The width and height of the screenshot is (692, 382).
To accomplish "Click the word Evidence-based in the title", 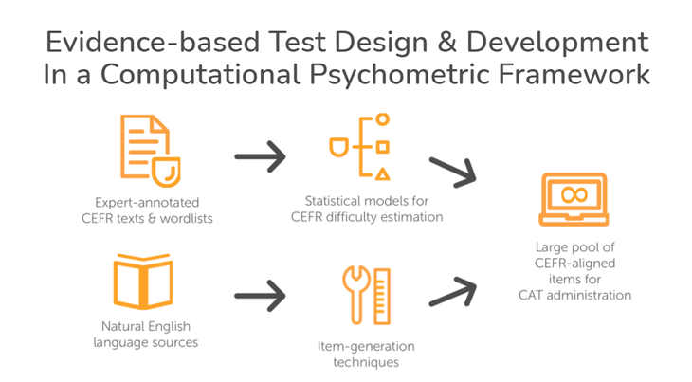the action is point(153,43).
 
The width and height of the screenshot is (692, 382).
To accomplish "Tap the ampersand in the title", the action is point(447,43).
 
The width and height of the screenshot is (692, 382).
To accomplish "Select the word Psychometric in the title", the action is point(399,75).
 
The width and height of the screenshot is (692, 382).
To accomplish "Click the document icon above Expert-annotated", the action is point(150,151).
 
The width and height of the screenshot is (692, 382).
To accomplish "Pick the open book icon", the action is point(143,282).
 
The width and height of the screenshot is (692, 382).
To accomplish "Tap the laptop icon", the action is point(574,199).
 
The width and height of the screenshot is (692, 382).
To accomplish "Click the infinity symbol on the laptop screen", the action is point(574,194).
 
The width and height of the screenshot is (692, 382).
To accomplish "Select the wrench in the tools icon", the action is point(356,295).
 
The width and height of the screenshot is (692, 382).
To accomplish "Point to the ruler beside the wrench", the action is point(382,297).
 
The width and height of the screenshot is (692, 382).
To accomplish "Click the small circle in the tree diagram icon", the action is point(383,119).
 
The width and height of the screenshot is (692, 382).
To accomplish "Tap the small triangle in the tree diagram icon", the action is point(383,174).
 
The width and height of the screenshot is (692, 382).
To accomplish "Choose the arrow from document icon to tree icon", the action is point(261,156).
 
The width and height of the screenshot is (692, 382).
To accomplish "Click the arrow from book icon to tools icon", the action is point(261,296).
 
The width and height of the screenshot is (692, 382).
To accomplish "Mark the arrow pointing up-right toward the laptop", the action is point(453,292).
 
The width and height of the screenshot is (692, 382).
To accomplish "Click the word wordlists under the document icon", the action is point(186,218).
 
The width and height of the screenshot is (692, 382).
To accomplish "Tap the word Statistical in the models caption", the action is point(333,201).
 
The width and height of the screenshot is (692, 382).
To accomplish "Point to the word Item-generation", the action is point(366,346).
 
